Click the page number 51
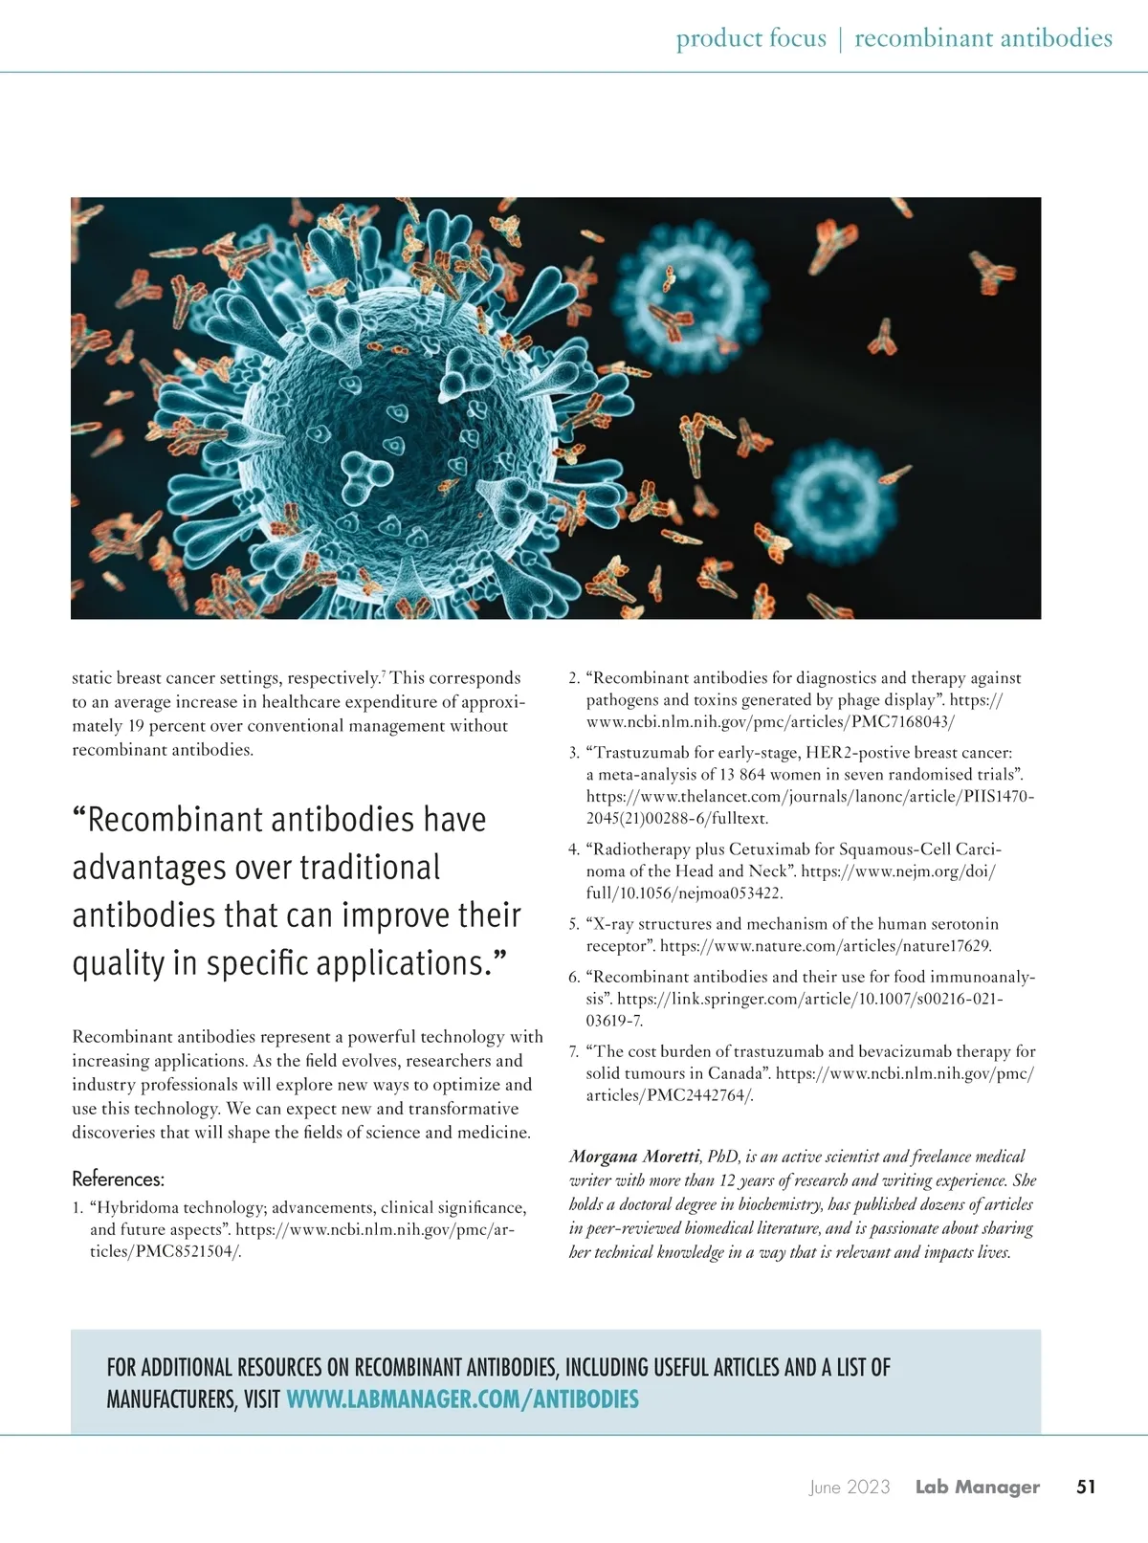click(1086, 1487)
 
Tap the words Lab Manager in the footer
click(977, 1487)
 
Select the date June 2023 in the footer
click(849, 1487)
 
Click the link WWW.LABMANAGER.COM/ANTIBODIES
click(462, 1400)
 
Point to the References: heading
click(118, 1179)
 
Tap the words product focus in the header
click(751, 38)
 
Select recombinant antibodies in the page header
click(982, 38)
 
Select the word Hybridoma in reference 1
click(138, 1208)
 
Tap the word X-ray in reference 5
click(613, 924)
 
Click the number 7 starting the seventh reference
click(573, 1052)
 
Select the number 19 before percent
click(138, 726)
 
